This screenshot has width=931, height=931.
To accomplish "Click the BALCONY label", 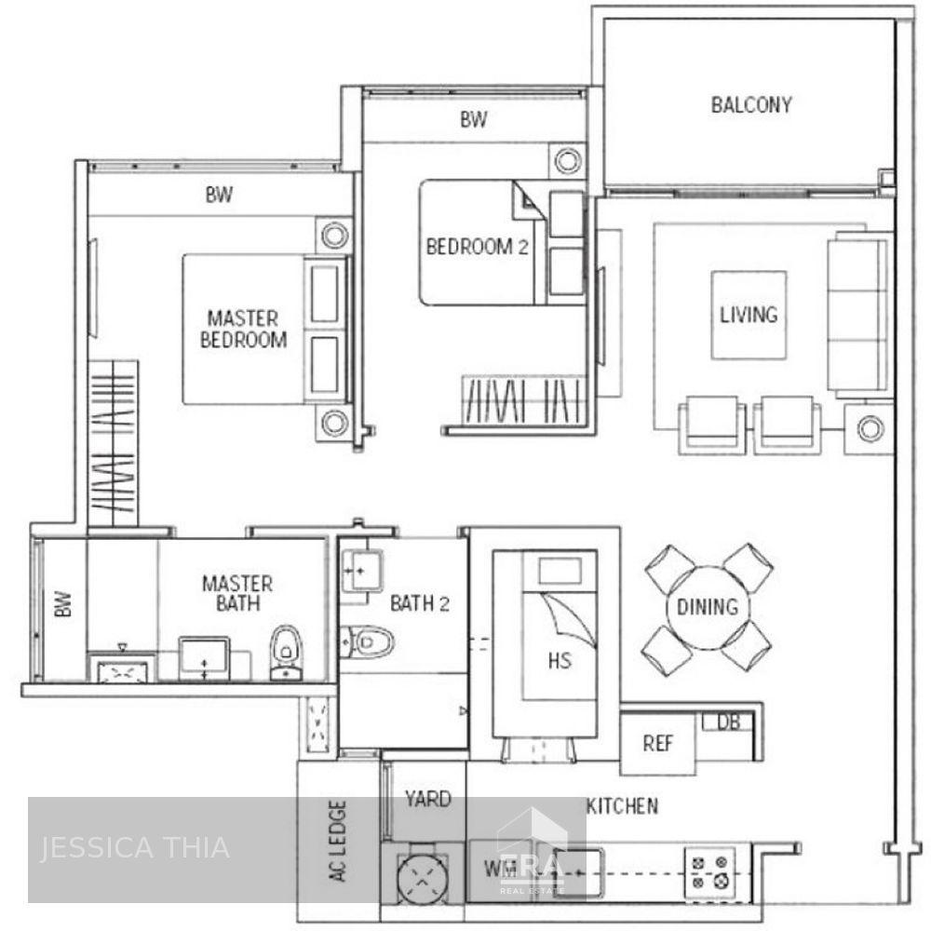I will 750,104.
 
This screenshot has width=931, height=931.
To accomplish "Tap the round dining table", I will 708,607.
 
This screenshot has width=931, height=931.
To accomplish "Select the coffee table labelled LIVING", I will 749,315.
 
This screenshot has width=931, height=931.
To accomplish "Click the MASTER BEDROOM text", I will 243,330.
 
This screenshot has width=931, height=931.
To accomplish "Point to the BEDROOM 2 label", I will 469,247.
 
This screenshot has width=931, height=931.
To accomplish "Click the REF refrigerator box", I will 658,743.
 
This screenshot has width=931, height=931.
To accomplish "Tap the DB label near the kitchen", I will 728,722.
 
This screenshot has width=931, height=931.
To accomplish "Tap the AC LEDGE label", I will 337,842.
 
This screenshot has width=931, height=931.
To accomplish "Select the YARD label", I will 428,799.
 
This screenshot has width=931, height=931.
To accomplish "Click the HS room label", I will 560,661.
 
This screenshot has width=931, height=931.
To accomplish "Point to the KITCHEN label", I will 622,806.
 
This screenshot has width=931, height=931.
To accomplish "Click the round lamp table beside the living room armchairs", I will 869,429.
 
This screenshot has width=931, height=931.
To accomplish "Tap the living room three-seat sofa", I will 857,315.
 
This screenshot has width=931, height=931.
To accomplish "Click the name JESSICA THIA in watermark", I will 134,848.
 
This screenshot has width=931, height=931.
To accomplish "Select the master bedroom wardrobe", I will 113,444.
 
